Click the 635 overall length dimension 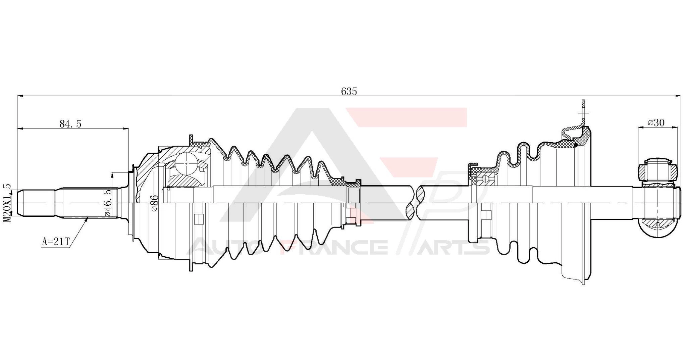coord(349,91)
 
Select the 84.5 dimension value coord(70,124)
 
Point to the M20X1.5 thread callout coord(7,203)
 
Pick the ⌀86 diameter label coord(154,203)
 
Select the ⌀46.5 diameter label coord(108,203)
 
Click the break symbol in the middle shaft coord(416,203)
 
